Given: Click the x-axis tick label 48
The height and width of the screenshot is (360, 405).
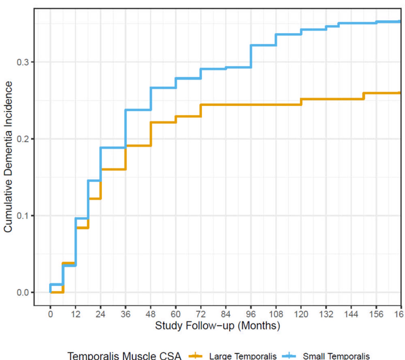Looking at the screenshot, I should point(151,314).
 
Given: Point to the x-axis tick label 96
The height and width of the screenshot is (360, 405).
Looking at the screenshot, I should point(251,314).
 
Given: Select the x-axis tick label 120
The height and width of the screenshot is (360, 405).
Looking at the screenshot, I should point(301,314).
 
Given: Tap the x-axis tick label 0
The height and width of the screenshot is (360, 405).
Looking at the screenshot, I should point(50,314).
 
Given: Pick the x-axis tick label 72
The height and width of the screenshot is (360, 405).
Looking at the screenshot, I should point(201,314).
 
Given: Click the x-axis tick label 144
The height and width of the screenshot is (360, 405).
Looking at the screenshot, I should point(351,314).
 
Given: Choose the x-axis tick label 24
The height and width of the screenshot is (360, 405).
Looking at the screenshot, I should point(100,314).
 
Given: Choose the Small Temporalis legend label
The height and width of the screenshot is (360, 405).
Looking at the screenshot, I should point(336,356).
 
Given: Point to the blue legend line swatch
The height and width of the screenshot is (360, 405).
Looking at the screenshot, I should point(290,356).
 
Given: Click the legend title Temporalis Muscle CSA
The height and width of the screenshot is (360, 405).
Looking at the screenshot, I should point(124,356).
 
